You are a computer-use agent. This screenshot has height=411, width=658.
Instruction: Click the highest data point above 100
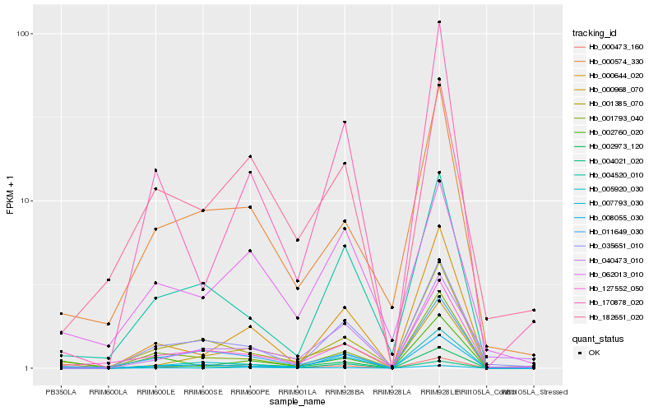(x=439, y=22)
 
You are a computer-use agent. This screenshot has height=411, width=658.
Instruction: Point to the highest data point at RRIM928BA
(x=345, y=122)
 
